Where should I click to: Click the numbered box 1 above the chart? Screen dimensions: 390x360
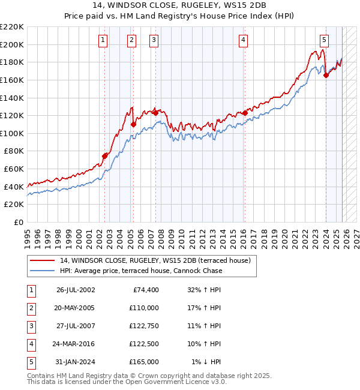click(x=103, y=40)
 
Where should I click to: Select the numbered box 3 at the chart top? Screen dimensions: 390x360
click(x=154, y=40)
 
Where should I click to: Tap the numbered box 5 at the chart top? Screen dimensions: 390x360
click(x=324, y=40)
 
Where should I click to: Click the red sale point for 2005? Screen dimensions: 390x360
click(x=133, y=124)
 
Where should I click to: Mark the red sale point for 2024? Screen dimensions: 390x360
click(x=326, y=76)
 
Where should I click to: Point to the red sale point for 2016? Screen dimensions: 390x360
click(x=245, y=113)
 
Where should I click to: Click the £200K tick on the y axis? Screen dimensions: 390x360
click(x=12, y=44)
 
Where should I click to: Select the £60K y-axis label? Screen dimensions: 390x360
click(x=14, y=169)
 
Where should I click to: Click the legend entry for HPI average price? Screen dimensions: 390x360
click(x=140, y=271)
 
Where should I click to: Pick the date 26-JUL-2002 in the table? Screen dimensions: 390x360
click(x=76, y=290)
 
